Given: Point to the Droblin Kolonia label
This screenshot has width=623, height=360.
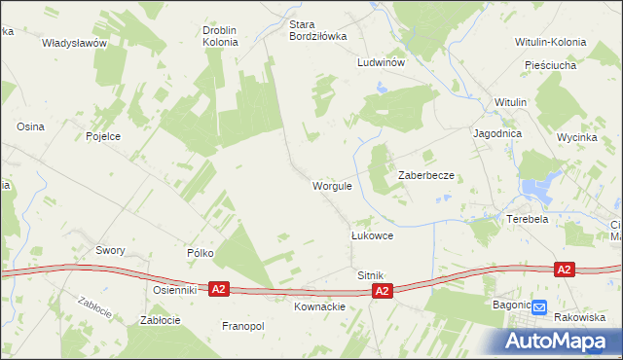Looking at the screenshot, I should pyautogui.click(x=220, y=37).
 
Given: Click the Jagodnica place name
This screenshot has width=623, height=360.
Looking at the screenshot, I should pyautogui.click(x=497, y=133).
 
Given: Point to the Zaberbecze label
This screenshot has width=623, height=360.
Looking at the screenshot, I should pyautogui.click(x=426, y=175).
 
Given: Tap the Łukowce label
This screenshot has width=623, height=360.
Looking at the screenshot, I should pyautogui.click(x=372, y=236).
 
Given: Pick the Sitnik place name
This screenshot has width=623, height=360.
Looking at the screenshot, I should pyautogui.click(x=372, y=275).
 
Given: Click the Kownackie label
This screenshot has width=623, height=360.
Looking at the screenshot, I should pyautogui.click(x=319, y=306).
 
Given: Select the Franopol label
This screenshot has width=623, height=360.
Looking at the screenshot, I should pyautogui.click(x=243, y=326).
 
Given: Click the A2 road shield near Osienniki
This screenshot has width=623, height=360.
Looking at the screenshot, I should pyautogui.click(x=219, y=289).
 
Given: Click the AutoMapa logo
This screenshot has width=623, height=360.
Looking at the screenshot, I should pyautogui.click(x=559, y=341).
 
